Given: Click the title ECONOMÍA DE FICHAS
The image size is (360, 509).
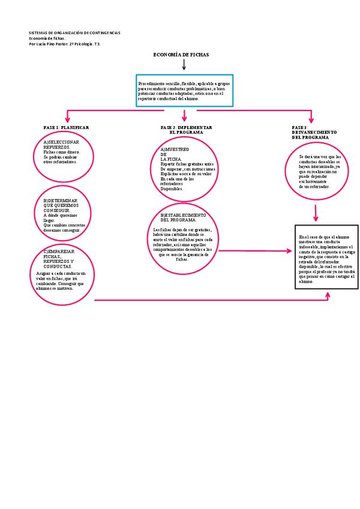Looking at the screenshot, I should coord(181,55).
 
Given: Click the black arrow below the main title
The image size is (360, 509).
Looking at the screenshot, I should coord(184,64).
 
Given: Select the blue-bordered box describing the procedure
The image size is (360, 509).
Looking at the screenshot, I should coord(184,91).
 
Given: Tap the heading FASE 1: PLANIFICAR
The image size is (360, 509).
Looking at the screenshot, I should coord(66,128).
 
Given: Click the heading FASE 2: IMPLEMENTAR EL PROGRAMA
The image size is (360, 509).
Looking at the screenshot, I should coord(186,130).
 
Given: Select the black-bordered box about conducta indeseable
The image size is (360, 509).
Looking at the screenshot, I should coord(327,258).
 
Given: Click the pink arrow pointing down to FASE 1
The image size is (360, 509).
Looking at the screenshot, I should coord(68,117).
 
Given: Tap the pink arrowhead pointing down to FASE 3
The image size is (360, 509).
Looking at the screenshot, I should coord(311,118).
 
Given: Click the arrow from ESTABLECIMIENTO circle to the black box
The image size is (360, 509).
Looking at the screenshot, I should coord(258,251).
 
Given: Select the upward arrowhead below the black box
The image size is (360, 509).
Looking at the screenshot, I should coord(328,295).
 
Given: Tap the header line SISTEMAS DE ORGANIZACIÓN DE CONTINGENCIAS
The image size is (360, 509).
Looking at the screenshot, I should coord(74,32).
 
